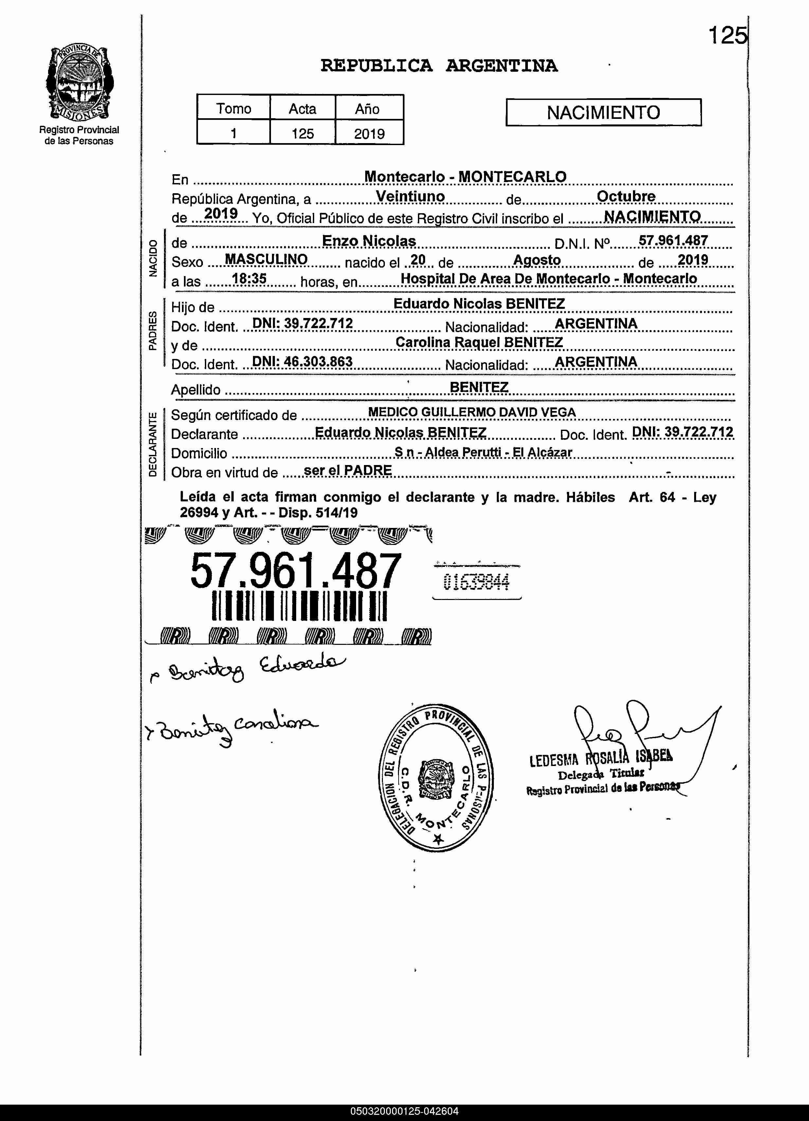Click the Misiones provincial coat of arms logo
(x=79, y=82)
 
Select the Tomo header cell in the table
(x=234, y=108)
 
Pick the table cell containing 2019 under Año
(x=369, y=134)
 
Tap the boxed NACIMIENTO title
(x=603, y=113)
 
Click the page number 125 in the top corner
(x=727, y=36)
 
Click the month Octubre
(x=626, y=196)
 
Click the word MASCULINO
(x=266, y=259)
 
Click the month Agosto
(x=537, y=260)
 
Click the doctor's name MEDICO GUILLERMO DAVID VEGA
(x=472, y=412)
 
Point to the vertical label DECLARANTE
(x=153, y=443)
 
